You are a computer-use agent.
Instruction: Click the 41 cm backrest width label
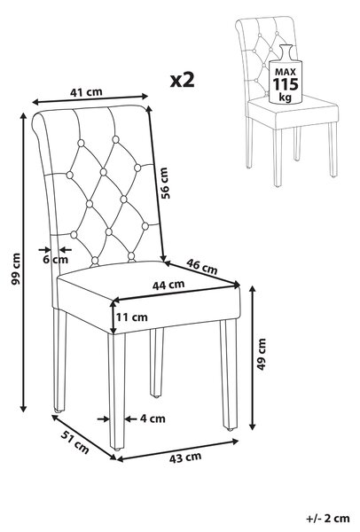[x=86, y=91]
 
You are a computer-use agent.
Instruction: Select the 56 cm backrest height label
[x=164, y=183]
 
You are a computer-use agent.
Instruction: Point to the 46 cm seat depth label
[x=202, y=266]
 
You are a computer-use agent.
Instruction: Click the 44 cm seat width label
[x=168, y=285]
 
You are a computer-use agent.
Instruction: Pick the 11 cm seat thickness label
[x=131, y=317]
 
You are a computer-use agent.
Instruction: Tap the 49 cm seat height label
[x=262, y=354]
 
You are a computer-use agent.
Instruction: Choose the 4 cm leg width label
[x=153, y=419]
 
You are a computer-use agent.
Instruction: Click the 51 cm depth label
[x=75, y=442]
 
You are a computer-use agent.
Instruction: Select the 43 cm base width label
[x=185, y=458]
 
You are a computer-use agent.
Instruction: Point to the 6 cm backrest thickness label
[x=55, y=260]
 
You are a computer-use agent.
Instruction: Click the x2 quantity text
[x=182, y=81]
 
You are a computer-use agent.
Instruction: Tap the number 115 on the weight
[x=286, y=84]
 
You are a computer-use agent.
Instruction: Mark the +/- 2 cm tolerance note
[x=328, y=519]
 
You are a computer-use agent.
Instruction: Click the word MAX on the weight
[x=286, y=72]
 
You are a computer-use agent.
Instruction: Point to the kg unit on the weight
[x=285, y=97]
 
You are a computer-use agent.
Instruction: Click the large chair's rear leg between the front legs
[x=156, y=363]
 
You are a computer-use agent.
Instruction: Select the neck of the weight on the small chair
[x=286, y=51]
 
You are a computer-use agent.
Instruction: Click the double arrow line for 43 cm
[x=177, y=450]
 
